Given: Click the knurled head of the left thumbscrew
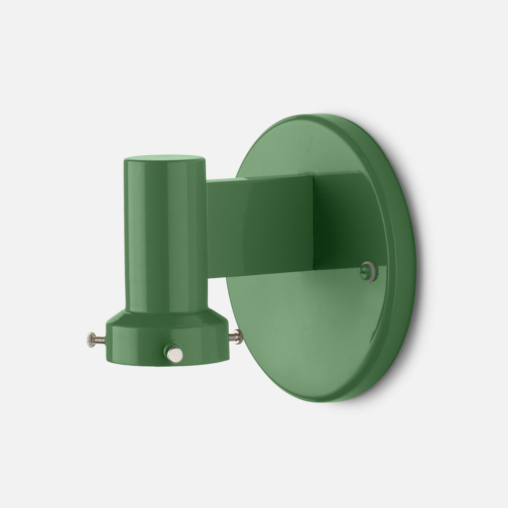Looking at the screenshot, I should (90, 339).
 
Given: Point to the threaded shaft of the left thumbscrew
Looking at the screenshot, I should (100, 339).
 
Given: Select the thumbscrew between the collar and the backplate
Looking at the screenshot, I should (237, 337).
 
